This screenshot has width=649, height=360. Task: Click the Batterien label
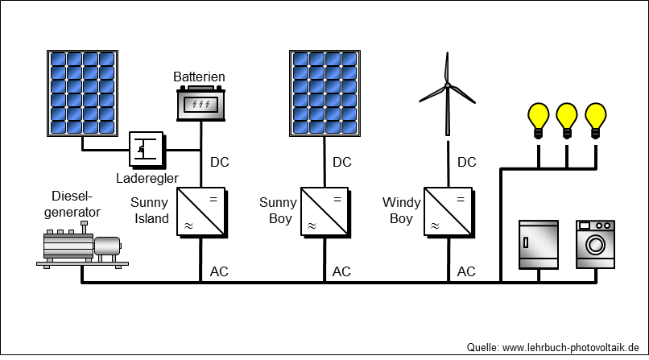[199, 77]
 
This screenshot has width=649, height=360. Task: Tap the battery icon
[201, 103]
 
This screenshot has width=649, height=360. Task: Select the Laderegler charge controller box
[147, 150]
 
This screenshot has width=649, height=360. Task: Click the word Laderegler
[147, 178]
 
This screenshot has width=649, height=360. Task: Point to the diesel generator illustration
[82, 245]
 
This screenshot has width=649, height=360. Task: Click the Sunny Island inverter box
[201, 213]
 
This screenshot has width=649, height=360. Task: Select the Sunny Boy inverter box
[325, 213]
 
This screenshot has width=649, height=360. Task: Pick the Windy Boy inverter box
[449, 213]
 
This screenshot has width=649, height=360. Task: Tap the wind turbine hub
[448, 85]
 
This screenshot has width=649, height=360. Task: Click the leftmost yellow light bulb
[539, 121]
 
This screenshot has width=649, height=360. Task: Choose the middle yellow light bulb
[567, 121]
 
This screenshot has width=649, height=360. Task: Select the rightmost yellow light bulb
[596, 121]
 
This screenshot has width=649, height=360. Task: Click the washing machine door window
[595, 245]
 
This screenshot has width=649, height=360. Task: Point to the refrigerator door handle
[526, 242]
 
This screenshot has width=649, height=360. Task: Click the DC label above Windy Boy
[467, 162]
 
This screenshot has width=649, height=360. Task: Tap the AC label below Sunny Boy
[341, 272]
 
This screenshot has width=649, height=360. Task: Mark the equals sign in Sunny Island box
[213, 200]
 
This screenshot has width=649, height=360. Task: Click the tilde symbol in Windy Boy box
[435, 226]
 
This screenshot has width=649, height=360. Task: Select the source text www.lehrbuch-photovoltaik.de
[571, 348]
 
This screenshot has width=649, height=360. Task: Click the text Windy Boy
[402, 211]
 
